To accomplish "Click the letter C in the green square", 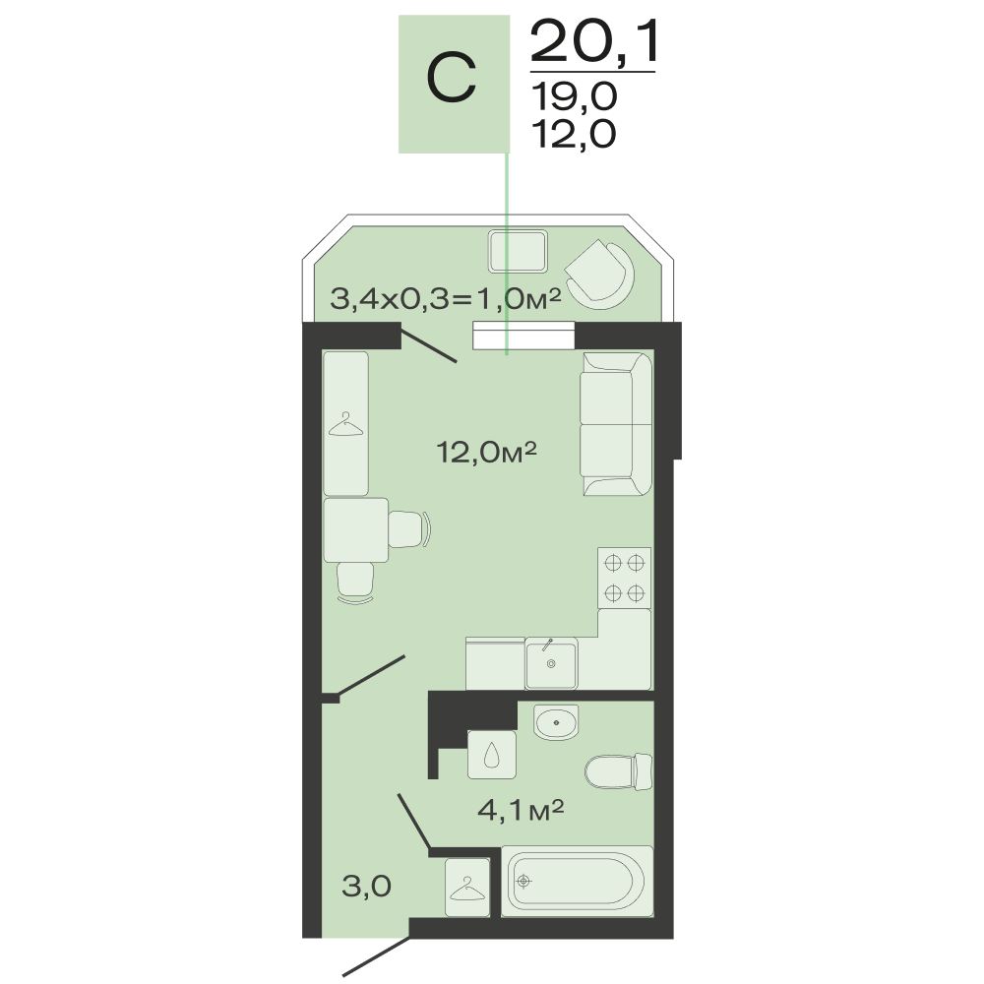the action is click(x=452, y=78).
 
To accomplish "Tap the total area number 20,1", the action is click(x=593, y=40).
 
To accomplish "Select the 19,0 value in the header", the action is click(x=575, y=97).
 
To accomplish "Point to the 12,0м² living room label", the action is click(x=486, y=452).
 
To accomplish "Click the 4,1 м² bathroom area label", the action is click(x=521, y=810).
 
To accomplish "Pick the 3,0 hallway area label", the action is click(x=366, y=887).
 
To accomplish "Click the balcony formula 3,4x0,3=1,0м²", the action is click(x=446, y=299).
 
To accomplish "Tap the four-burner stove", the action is click(x=625, y=578).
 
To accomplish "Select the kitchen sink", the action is click(x=551, y=663).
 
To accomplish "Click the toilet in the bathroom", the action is click(x=619, y=771).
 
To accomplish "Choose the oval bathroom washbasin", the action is click(x=556, y=722).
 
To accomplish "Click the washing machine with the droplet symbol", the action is click(x=492, y=755).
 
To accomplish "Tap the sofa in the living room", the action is click(x=616, y=424).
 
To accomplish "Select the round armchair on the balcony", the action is click(x=600, y=275).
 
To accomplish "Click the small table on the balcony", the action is click(x=518, y=252).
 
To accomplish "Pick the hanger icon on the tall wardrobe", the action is click(x=345, y=424).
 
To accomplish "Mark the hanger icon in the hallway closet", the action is click(x=467, y=889).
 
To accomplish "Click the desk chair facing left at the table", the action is click(x=409, y=529).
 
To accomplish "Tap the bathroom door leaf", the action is click(x=414, y=822).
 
